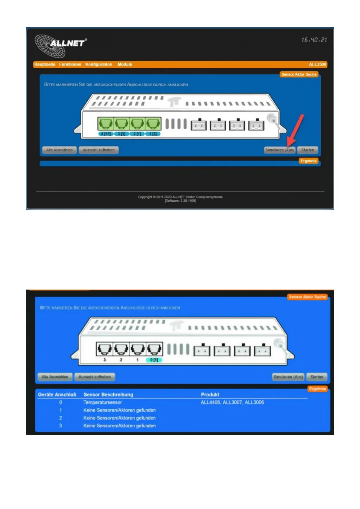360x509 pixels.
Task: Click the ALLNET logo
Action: [60, 45]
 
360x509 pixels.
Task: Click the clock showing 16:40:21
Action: [314, 40]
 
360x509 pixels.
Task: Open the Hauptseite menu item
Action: [45, 64]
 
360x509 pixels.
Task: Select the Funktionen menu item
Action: [70, 64]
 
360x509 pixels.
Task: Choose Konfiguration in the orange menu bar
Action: [99, 64]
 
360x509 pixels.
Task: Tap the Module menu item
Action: [125, 64]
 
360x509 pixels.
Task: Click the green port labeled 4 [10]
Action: [105, 124]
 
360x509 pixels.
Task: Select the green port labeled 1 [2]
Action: [153, 124]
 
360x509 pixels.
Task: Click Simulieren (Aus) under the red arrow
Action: [280, 150]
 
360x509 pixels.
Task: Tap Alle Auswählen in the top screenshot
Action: [59, 150]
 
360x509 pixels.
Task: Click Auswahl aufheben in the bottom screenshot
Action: [95, 377]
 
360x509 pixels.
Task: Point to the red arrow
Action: [296, 129]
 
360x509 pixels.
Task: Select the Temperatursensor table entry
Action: [103, 402]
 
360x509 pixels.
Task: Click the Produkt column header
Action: [210, 394]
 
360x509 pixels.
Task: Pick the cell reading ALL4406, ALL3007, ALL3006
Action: [232, 402]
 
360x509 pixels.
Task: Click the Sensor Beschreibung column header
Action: [108, 394]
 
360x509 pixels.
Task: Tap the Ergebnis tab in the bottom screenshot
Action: [317, 389]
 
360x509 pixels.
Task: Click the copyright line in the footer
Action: [180, 197]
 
